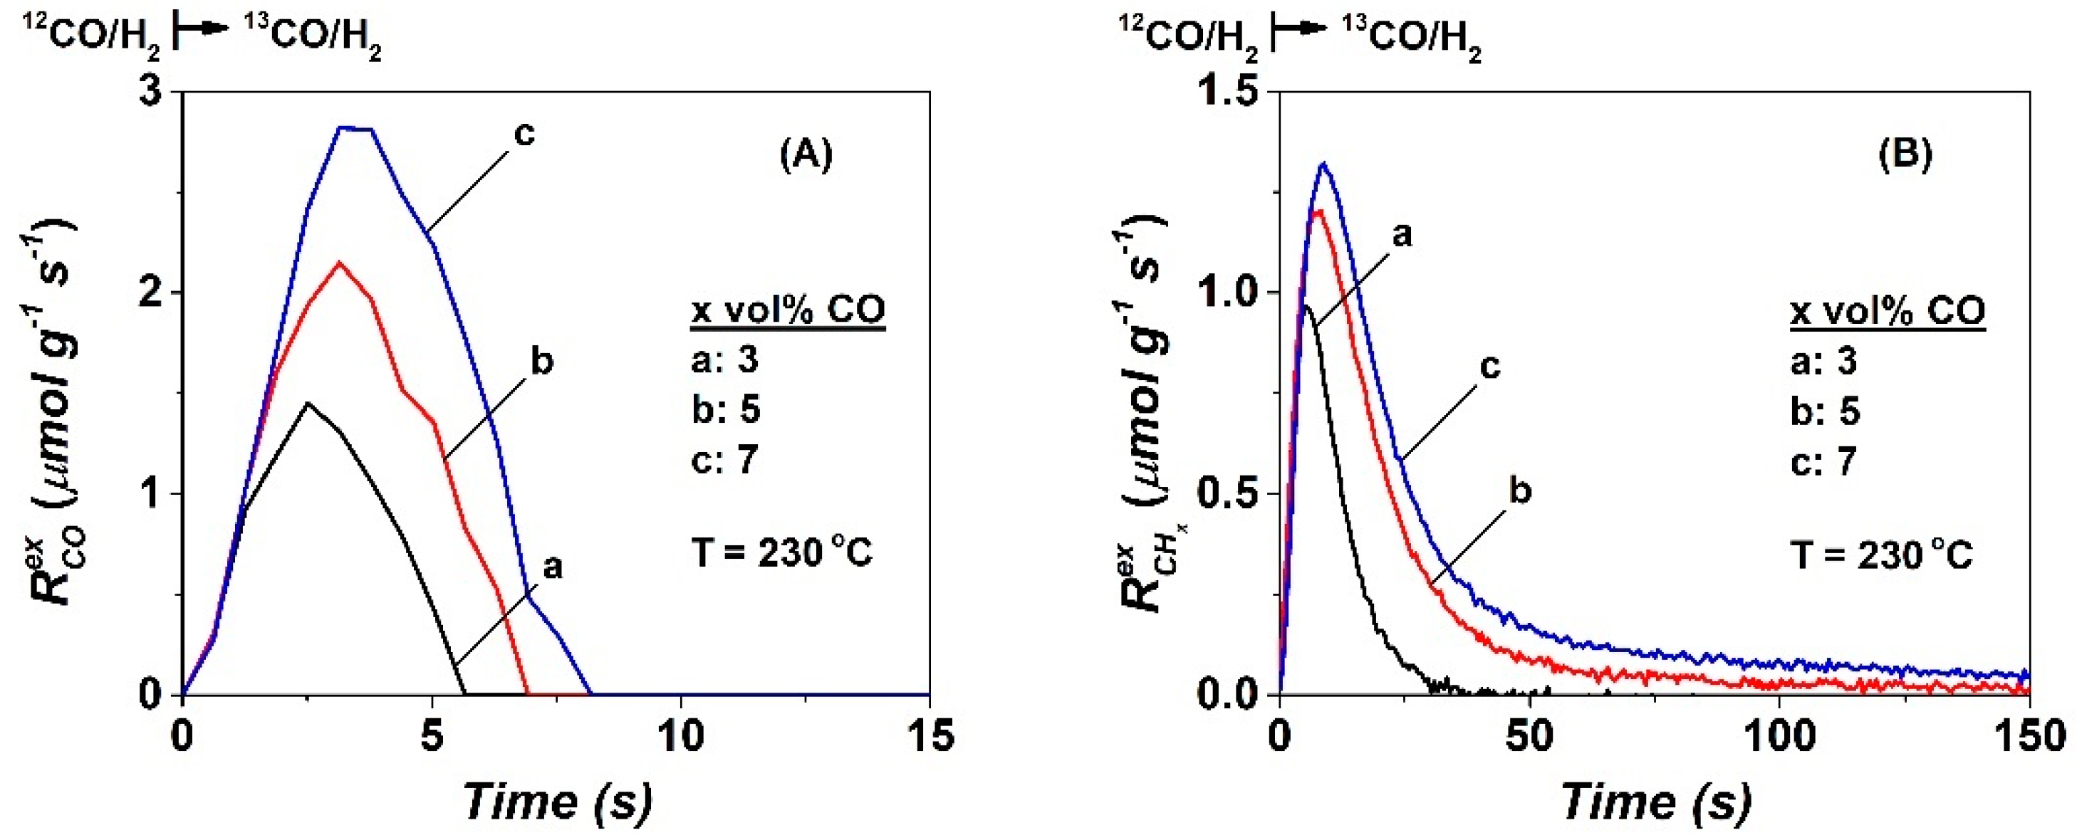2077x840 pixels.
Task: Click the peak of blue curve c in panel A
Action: pos(355,128)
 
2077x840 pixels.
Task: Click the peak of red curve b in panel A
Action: pos(340,262)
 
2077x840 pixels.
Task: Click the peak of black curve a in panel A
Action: pos(308,402)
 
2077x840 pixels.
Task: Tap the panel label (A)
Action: pos(806,154)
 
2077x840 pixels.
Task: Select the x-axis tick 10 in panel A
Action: pos(682,735)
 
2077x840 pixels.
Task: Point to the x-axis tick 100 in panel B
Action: pos(1779,735)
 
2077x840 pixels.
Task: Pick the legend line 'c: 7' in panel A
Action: pos(725,461)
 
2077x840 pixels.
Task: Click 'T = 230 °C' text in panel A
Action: pos(781,554)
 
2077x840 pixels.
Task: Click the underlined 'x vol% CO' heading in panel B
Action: pos(1888,310)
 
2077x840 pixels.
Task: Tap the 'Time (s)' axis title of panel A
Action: pos(556,802)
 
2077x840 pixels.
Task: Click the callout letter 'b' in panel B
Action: pos(1520,491)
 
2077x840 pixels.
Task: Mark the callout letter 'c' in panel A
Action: pos(524,134)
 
